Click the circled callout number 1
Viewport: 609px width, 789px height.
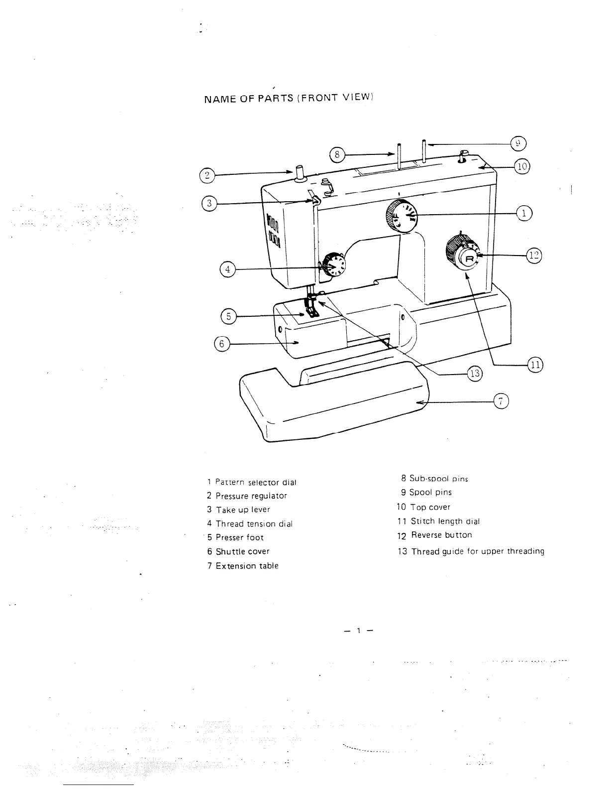pyautogui.click(x=524, y=213)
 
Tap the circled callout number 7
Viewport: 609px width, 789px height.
pyautogui.click(x=501, y=401)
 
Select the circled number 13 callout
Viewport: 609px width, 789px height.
pyautogui.click(x=475, y=373)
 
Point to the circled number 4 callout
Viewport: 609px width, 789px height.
pyautogui.click(x=227, y=269)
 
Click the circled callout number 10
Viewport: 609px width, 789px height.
pyautogui.click(x=522, y=167)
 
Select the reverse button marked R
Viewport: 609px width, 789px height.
pyautogui.click(x=469, y=258)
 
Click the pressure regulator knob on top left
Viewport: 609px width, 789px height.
pyautogui.click(x=300, y=172)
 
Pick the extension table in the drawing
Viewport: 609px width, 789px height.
pyautogui.click(x=333, y=403)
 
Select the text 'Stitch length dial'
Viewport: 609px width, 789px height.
pyautogui.click(x=445, y=521)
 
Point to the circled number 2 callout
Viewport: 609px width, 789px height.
pyautogui.click(x=206, y=175)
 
